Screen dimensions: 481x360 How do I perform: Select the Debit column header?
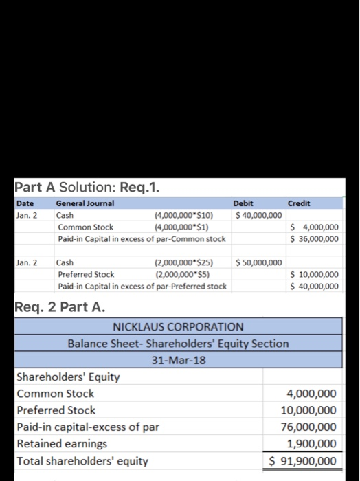(x=244, y=203)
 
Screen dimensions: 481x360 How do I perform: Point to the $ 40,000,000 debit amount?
(x=258, y=215)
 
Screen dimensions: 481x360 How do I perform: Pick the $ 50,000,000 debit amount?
(x=258, y=262)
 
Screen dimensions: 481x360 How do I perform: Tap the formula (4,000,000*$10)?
(x=183, y=215)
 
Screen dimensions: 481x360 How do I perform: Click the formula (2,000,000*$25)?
(x=183, y=262)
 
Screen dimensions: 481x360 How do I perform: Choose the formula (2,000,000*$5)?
(x=181, y=274)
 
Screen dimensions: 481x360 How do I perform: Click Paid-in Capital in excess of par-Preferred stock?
(x=142, y=286)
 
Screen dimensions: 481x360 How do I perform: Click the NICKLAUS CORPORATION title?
(x=178, y=326)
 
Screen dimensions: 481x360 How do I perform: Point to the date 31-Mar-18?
(x=178, y=359)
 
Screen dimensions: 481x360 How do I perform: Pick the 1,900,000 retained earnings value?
(x=311, y=444)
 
